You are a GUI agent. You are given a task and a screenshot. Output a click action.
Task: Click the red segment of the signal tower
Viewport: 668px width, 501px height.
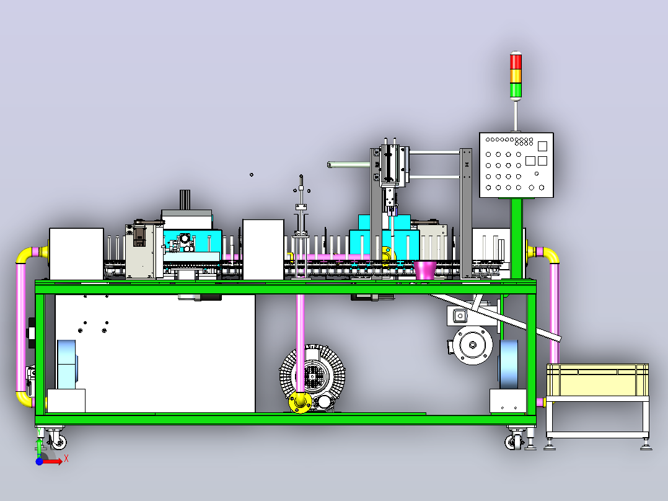[x=516, y=61]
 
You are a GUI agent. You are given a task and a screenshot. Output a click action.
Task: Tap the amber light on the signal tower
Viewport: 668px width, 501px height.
[x=516, y=76]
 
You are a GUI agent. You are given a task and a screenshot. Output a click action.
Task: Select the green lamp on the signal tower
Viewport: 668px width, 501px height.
[x=516, y=90]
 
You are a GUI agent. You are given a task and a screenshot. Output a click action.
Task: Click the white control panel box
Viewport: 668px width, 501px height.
[x=516, y=165]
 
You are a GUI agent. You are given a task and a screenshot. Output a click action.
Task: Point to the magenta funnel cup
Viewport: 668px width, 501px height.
[x=425, y=270]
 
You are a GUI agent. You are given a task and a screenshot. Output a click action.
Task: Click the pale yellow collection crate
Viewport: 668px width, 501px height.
[x=598, y=380]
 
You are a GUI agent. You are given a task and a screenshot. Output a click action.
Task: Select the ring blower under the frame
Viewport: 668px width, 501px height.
[x=312, y=378]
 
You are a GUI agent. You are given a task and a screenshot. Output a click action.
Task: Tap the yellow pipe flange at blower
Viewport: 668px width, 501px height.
[x=300, y=402]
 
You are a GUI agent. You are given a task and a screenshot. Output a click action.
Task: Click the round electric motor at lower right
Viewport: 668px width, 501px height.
[x=472, y=345]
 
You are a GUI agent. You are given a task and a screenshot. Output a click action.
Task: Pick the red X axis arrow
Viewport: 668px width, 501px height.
[x=53, y=462]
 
